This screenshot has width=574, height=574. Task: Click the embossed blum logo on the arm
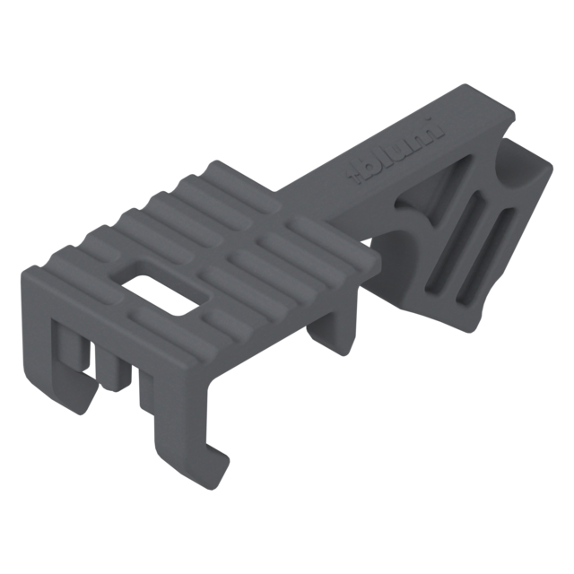point(396,150)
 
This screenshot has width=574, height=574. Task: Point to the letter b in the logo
point(370,165)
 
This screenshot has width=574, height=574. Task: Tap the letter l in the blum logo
point(384,155)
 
